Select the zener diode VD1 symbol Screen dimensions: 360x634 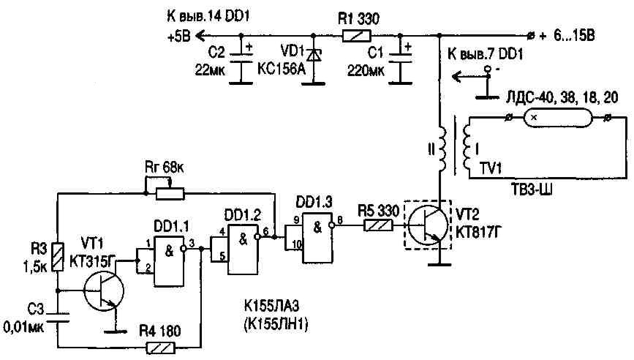[314, 56]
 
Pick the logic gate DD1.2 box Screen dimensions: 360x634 [243, 250]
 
